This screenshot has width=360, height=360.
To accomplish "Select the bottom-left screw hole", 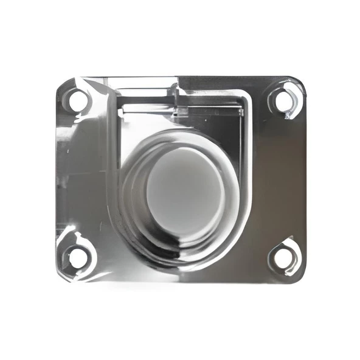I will tap(77, 257).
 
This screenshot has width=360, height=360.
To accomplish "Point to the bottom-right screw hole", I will tap(283, 257).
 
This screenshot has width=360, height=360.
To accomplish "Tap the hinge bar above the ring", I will tap(182, 108).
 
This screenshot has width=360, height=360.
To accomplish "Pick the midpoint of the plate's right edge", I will tap(306, 180).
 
